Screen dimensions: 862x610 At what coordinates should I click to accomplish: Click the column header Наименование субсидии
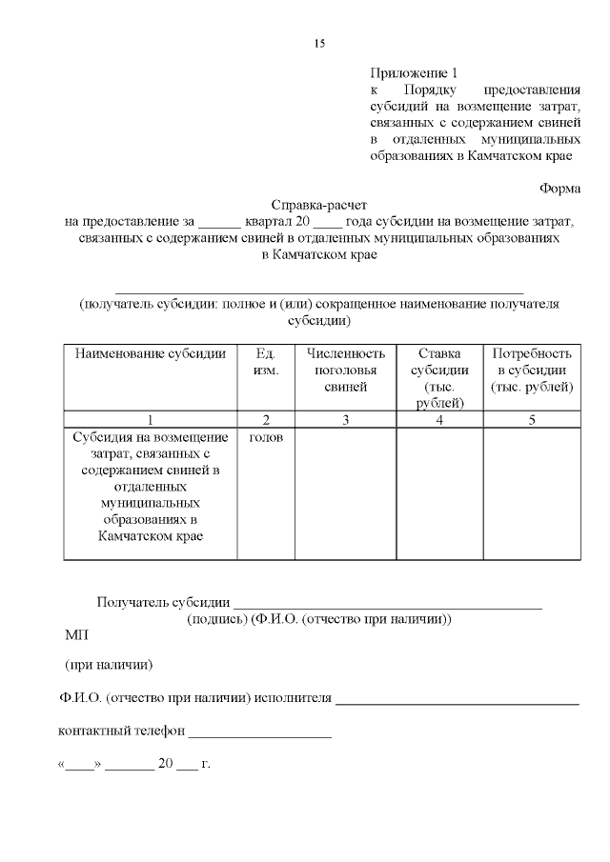coord(151,353)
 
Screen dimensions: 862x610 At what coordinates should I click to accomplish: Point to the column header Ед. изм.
coord(266,362)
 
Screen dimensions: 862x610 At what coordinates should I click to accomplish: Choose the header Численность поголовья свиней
coord(345,370)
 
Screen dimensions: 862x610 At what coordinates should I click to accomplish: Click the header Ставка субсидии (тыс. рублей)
coord(439,378)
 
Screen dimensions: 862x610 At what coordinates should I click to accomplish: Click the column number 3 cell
coord(345,419)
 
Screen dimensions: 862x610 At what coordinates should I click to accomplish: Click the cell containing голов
coord(266,437)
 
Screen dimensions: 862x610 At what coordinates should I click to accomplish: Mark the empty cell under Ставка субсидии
coord(439,492)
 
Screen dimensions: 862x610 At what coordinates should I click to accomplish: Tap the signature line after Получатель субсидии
coord(387,603)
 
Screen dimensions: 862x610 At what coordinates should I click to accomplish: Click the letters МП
coord(75,634)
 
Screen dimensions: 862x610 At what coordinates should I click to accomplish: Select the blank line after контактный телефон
coord(260,733)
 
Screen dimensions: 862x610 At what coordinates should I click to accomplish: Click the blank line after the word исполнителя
coord(457,700)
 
